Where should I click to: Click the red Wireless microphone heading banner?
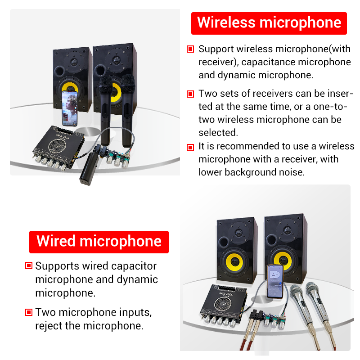[269, 23]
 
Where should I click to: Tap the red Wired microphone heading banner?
[99, 242]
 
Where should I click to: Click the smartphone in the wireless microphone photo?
[69, 108]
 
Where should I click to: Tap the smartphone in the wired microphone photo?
[275, 282]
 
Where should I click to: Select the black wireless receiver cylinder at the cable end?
[89, 169]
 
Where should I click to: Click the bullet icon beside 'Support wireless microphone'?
[190, 49]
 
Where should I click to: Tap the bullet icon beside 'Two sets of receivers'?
[190, 94]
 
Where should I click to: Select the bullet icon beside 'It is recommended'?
[190, 147]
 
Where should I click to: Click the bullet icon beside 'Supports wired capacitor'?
[29, 265]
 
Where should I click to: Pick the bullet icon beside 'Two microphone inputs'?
[29, 312]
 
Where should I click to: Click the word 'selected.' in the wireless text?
[218, 132]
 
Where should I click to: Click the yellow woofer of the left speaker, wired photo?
[234, 261]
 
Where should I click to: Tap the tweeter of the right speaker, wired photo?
[287, 230]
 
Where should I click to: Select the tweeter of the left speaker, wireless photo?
[74, 62]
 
